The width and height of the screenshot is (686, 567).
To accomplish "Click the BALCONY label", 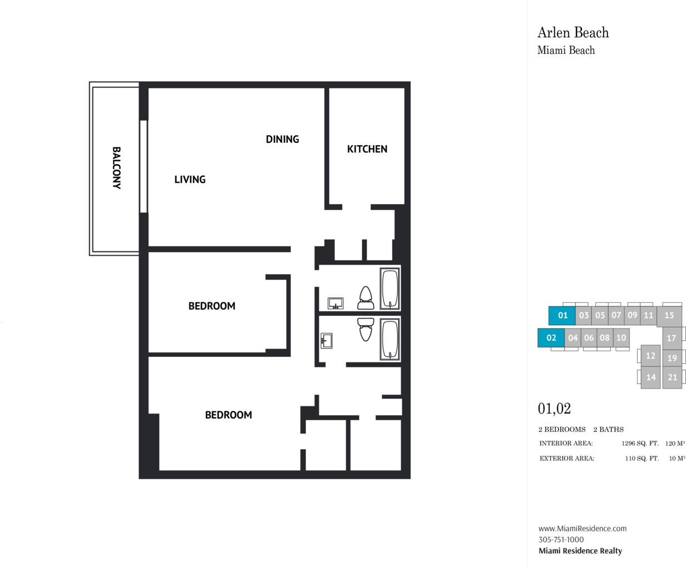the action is [x=116, y=168].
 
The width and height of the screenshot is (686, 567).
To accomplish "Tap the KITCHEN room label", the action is [x=367, y=149].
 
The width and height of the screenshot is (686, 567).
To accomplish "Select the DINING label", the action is [x=282, y=139].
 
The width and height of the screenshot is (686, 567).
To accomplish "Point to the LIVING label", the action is [x=190, y=179].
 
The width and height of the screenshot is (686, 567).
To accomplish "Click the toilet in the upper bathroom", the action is [x=366, y=298].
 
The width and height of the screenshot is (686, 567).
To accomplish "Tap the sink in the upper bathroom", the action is [x=335, y=304].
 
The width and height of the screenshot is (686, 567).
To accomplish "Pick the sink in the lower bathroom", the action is [x=327, y=340].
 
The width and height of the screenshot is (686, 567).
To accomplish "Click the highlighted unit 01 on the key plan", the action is [x=562, y=316].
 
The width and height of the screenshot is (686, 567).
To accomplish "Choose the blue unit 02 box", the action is [x=551, y=338].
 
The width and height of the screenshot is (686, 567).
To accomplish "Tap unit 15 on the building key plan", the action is [x=669, y=316].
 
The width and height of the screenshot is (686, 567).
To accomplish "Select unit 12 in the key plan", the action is [x=650, y=356].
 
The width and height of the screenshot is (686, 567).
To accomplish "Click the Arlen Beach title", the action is [x=573, y=32].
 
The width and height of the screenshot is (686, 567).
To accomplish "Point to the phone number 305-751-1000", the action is [x=561, y=540].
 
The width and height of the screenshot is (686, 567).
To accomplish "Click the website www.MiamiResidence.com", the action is [x=583, y=529].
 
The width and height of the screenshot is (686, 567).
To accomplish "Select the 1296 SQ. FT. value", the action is [x=640, y=444].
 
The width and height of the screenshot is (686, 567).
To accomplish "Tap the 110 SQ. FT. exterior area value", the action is [x=642, y=459].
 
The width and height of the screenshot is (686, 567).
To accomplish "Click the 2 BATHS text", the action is [x=609, y=430].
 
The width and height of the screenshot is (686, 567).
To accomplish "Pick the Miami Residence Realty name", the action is [x=580, y=551].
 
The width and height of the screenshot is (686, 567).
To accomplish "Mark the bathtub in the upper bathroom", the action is [x=390, y=289].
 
